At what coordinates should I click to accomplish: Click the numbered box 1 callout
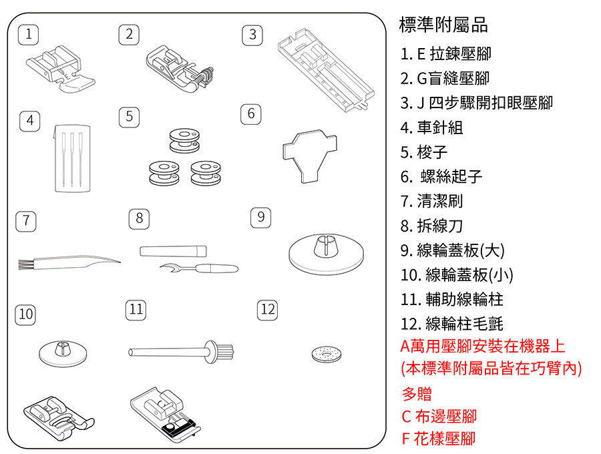28,34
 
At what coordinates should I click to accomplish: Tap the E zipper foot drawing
59,67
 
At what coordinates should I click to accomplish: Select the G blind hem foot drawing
180,67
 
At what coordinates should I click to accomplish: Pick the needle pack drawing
71,156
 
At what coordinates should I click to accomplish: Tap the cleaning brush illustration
67,264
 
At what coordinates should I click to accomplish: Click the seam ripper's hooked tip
168,268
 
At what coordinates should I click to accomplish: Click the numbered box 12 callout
267,310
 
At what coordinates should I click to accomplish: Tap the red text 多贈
417,393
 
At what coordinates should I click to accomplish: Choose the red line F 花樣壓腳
439,439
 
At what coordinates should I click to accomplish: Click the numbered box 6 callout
250,113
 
